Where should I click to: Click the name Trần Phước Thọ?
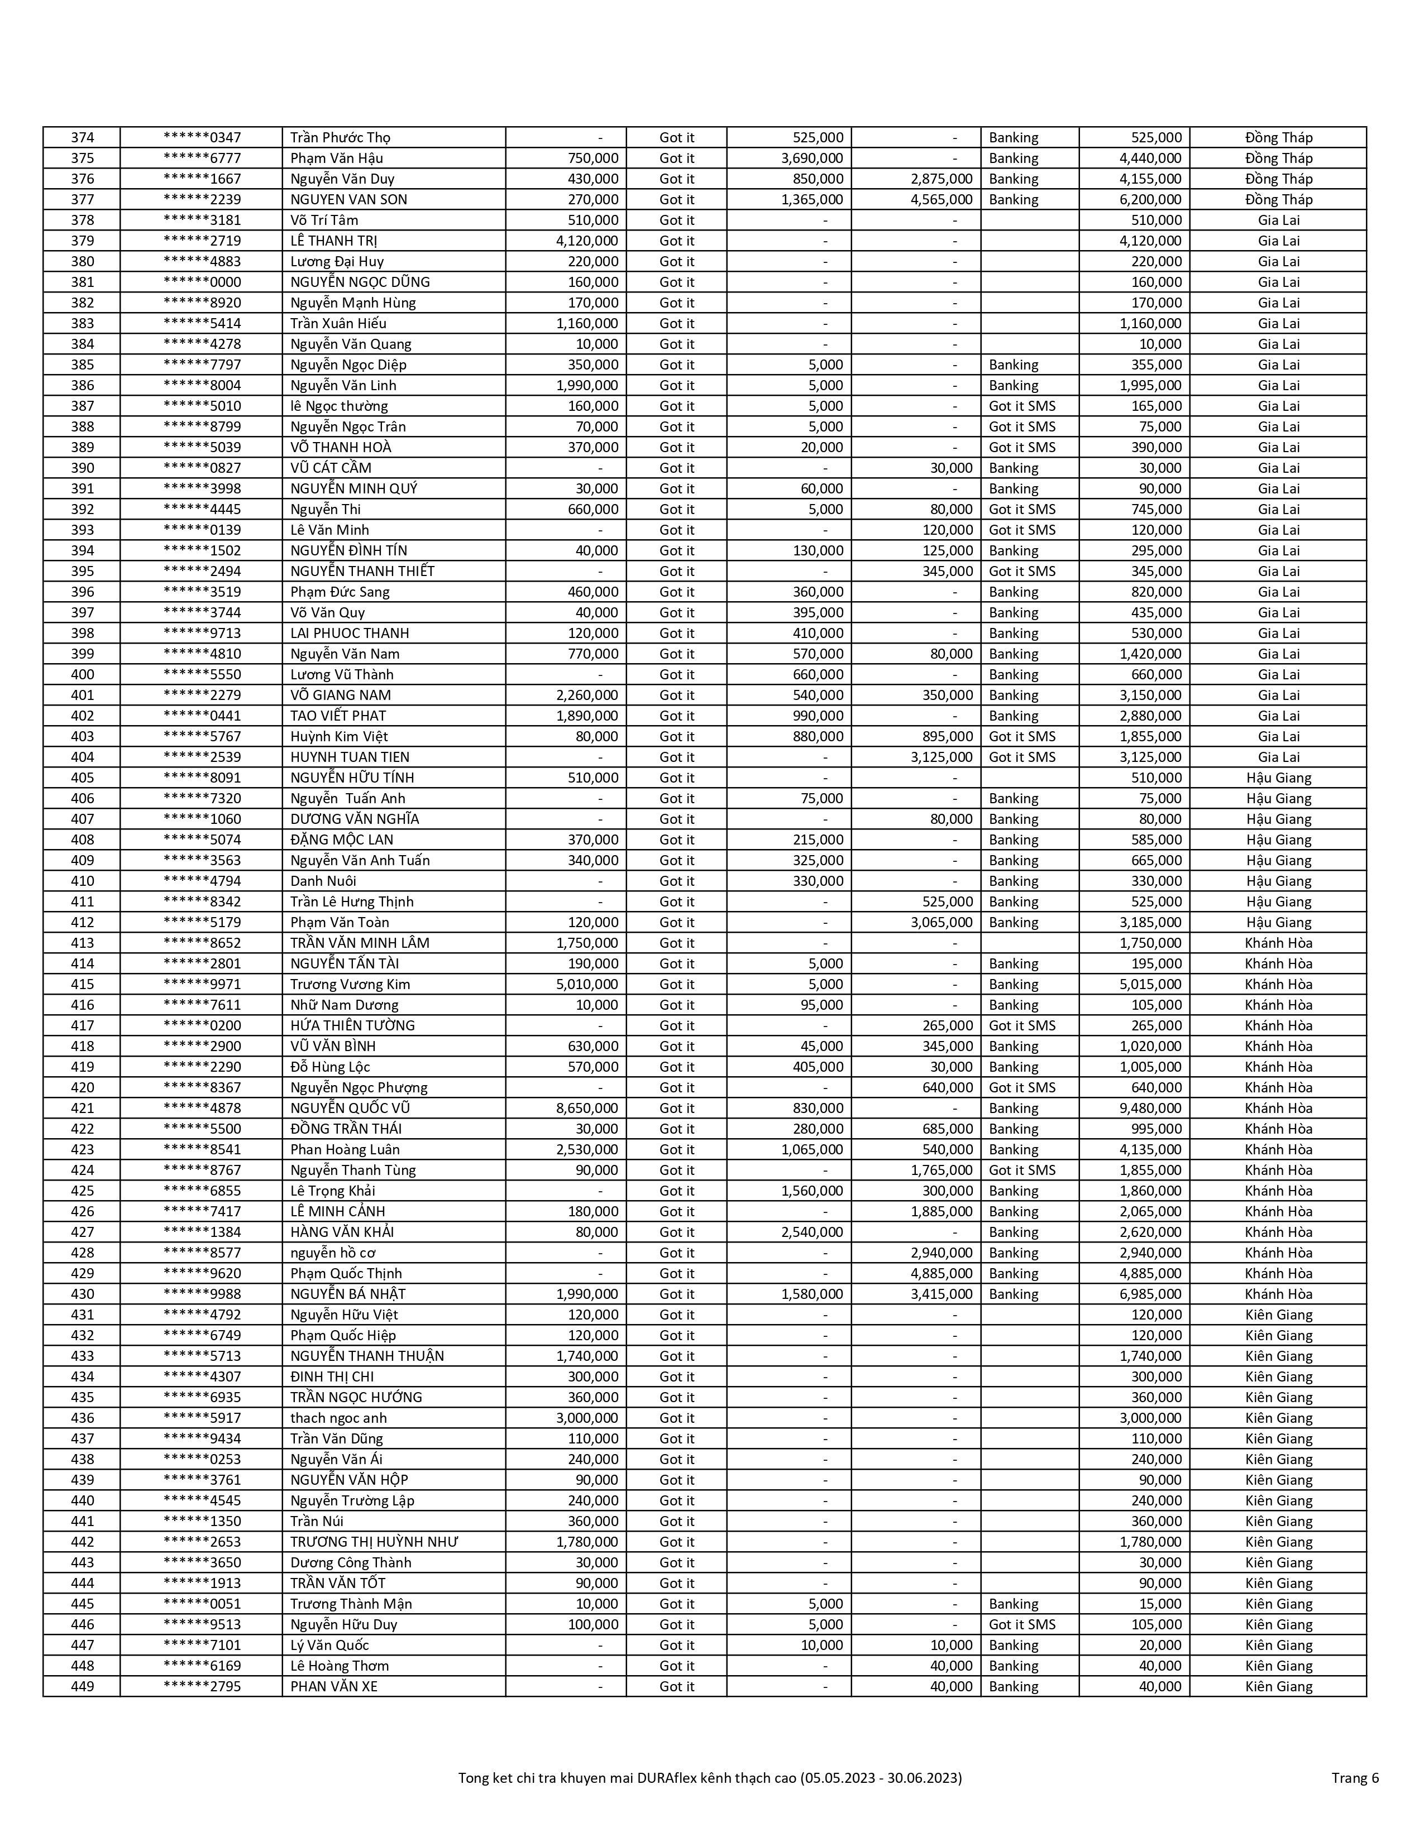pos(340,137)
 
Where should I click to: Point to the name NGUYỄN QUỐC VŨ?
pos(350,1108)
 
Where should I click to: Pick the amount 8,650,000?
pos(586,1108)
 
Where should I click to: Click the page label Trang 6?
pos(1355,1778)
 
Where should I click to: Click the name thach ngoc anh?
pos(338,1418)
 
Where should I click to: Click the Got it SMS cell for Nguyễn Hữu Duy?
pos(1021,1624)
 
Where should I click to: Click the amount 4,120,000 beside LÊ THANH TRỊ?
pos(586,241)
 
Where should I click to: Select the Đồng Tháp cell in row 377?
pos(1278,200)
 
